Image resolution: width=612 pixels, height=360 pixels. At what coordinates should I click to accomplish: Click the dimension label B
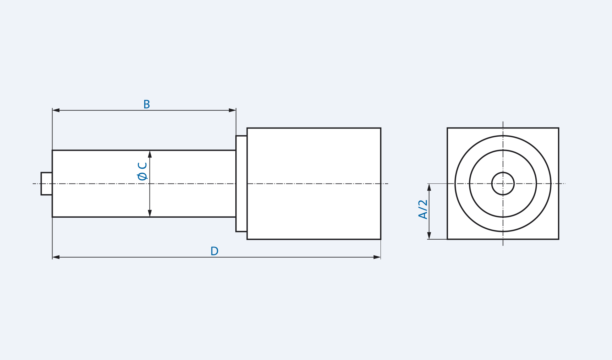pyautogui.click(x=146, y=104)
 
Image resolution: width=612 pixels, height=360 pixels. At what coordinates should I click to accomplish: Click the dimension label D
pyautogui.click(x=214, y=251)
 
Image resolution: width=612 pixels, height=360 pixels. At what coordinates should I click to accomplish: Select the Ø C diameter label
pyautogui.click(x=142, y=171)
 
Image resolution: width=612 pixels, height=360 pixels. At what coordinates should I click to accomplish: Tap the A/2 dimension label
pyautogui.click(x=423, y=209)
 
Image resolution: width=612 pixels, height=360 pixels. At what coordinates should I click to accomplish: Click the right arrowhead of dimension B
pyautogui.click(x=232, y=110)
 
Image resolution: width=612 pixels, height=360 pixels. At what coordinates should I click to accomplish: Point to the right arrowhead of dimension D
pyautogui.click(x=377, y=257)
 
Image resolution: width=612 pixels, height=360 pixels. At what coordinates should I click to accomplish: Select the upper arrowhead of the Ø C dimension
pyautogui.click(x=150, y=154)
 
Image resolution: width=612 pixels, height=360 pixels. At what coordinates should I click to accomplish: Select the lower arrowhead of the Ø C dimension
pyautogui.click(x=150, y=213)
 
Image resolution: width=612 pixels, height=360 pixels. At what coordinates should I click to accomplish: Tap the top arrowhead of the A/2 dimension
pyautogui.click(x=429, y=188)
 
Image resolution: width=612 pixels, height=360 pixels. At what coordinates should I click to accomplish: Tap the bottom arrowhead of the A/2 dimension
pyautogui.click(x=429, y=235)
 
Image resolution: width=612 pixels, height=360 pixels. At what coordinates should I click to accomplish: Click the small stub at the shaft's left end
pyautogui.click(x=46, y=184)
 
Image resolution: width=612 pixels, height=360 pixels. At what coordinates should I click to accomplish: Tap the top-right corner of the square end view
pyautogui.click(x=558, y=128)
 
